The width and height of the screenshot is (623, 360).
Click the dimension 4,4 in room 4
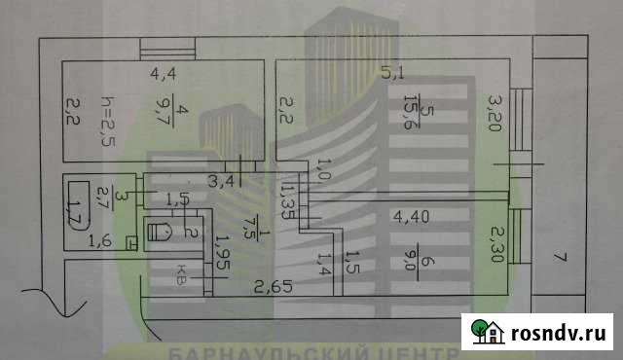coord(164,72)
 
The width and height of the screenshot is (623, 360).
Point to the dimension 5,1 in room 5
coord(391,71)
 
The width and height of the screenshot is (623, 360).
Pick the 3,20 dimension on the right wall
coord(495,113)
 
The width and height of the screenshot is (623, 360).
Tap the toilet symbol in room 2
coord(161,232)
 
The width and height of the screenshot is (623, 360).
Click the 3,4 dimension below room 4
coord(220,180)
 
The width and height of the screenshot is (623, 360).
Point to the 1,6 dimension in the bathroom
coord(100,241)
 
